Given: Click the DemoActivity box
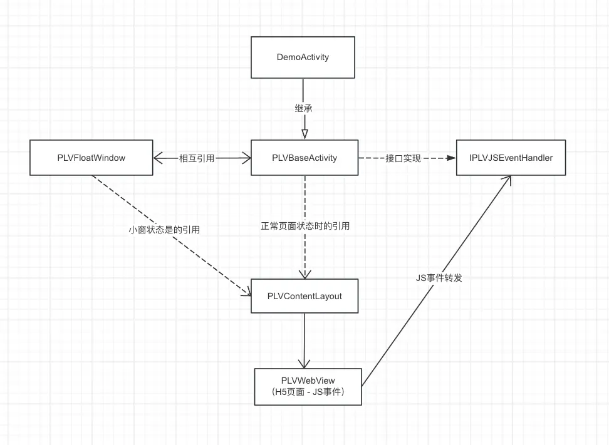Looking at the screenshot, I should (304, 57).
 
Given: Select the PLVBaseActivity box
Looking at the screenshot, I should (304, 158).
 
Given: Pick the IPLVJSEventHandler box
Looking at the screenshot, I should (511, 158).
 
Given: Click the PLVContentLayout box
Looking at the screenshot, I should (304, 295).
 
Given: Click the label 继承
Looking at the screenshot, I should (304, 108).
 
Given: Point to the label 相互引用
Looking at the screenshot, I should (197, 158).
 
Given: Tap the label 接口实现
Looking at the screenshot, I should (403, 158).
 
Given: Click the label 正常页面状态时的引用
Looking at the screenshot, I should (305, 227).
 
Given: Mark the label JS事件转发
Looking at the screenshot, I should (439, 277).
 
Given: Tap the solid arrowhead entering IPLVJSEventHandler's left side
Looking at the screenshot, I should (450, 158).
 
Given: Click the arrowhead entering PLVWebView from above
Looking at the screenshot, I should (304, 362).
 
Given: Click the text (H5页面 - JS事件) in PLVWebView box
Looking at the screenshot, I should (308, 392).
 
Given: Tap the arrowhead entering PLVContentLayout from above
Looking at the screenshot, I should (304, 274).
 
